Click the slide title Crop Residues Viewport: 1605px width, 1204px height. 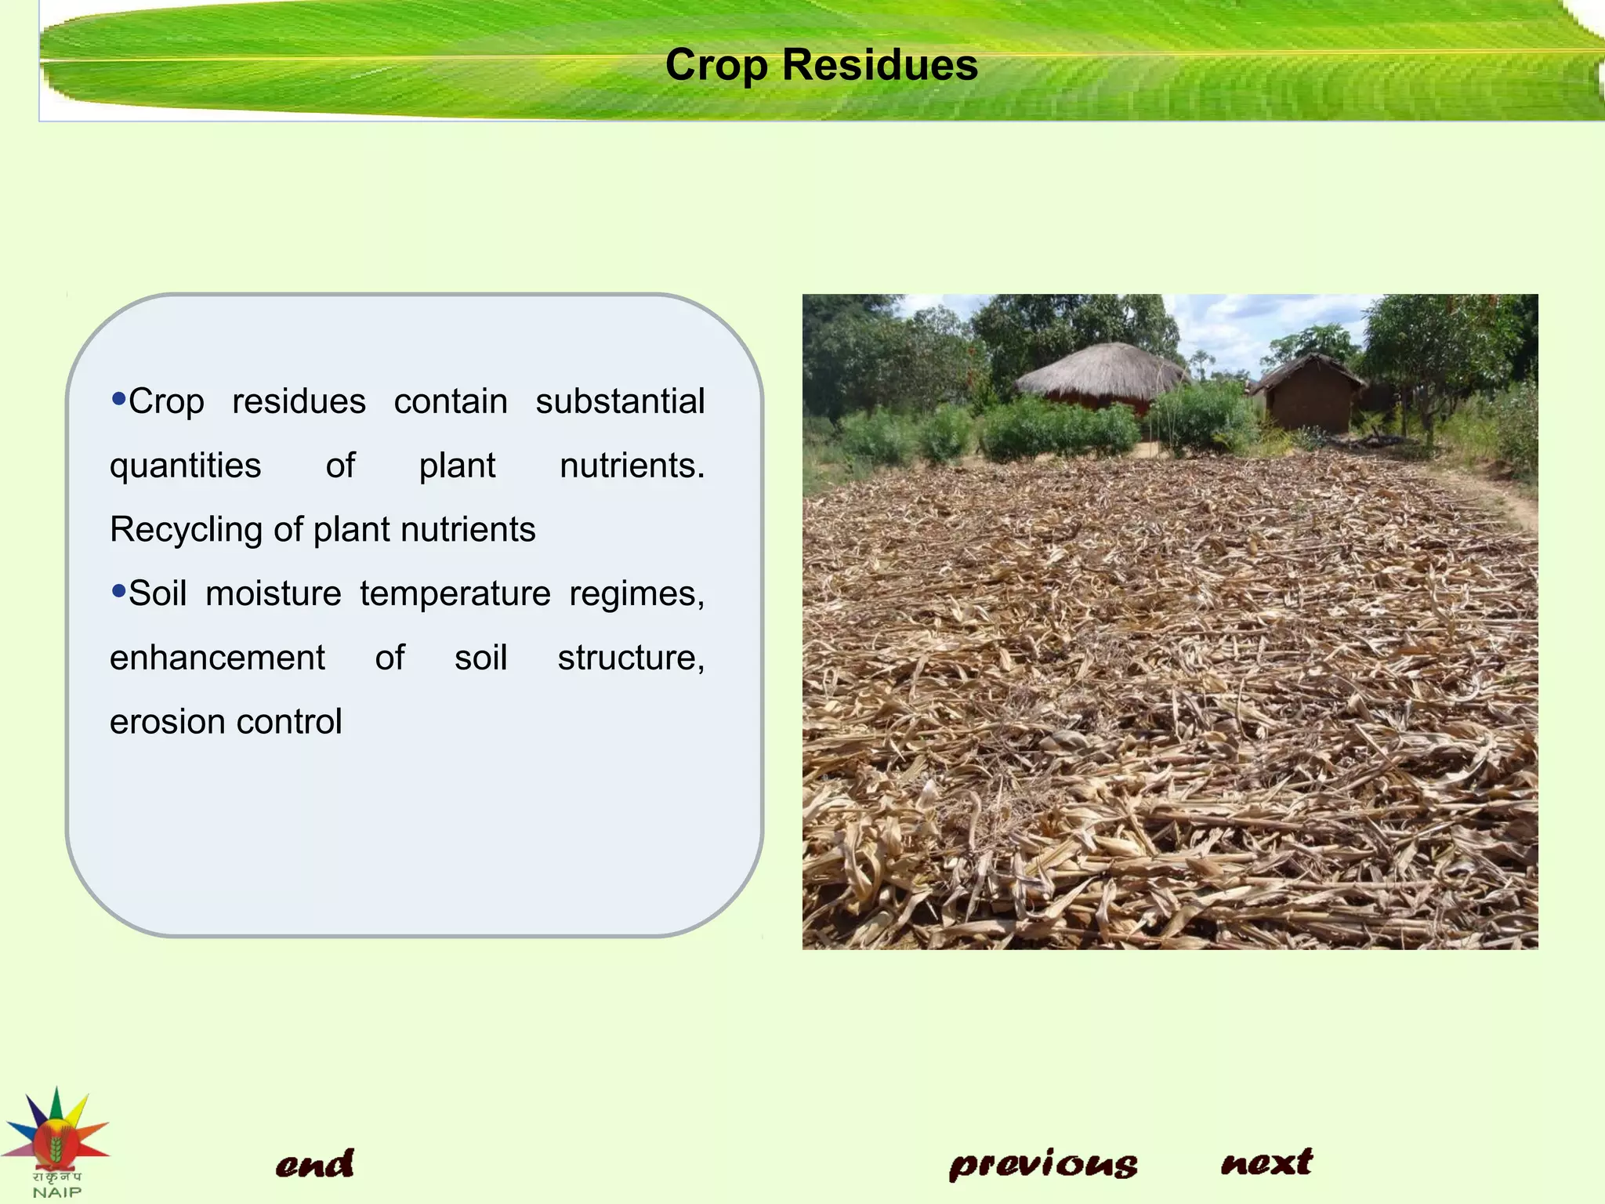(x=821, y=64)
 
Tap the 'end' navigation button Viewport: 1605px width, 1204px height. (x=314, y=1163)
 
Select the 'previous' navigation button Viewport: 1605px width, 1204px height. (x=1043, y=1165)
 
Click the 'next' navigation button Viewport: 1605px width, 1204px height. (x=1266, y=1162)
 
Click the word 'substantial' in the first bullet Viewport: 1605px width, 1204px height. (x=620, y=401)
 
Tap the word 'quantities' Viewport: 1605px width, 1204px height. (x=185, y=466)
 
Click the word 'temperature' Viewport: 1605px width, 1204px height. (x=455, y=594)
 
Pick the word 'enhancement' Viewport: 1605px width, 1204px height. (x=217, y=658)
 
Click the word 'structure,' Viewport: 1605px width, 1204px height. (x=631, y=658)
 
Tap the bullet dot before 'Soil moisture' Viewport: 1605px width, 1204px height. (x=119, y=590)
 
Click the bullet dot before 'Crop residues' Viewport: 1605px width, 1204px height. (x=119, y=398)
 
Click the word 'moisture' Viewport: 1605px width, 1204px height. (x=273, y=594)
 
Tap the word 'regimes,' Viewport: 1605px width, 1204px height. (x=636, y=594)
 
